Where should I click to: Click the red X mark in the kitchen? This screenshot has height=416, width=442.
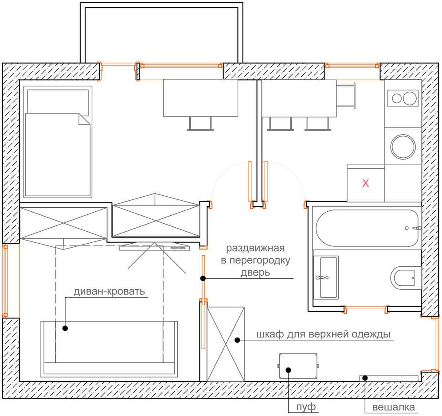[365, 183]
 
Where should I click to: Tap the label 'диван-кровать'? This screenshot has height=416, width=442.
[109, 292]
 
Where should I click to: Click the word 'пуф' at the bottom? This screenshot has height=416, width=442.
[306, 407]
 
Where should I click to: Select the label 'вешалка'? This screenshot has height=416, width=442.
[393, 407]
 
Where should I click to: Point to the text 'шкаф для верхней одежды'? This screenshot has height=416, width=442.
[323, 334]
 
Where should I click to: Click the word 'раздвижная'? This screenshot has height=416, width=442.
[255, 249]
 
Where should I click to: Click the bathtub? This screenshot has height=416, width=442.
[367, 228]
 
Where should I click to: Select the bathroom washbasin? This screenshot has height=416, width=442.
[326, 277]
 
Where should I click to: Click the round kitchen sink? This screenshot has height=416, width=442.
[403, 147]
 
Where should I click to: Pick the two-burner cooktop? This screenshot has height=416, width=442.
[403, 98]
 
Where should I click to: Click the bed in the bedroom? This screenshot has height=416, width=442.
[58, 142]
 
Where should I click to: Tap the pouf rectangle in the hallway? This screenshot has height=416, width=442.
[298, 366]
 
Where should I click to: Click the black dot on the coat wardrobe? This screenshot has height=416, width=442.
[237, 340]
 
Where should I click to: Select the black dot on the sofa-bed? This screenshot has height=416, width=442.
[65, 328]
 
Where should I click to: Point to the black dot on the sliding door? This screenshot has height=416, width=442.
[203, 278]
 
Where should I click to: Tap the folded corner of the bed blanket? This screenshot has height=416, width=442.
[84, 119]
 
